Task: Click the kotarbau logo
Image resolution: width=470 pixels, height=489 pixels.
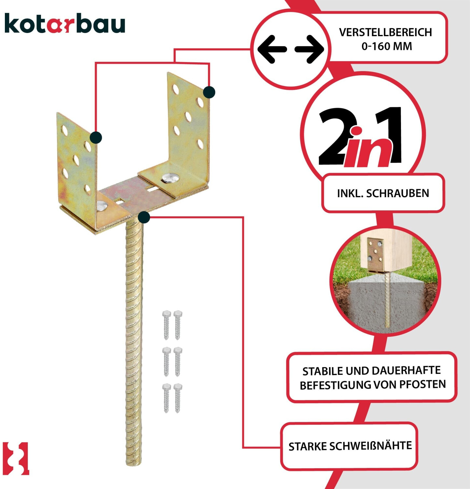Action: click(x=65, y=23)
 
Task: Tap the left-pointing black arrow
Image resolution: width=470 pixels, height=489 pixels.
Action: click(x=272, y=49)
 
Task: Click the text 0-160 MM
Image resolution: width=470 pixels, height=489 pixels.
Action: click(x=387, y=46)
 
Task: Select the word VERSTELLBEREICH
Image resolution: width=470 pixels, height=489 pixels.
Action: click(x=386, y=32)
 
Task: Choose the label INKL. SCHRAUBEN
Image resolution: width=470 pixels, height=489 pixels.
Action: click(x=383, y=193)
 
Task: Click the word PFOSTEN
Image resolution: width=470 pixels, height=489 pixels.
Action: click(x=422, y=384)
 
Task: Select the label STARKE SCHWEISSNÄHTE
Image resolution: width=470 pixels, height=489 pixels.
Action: click(x=350, y=446)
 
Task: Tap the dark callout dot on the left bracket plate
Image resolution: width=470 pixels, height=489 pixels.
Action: click(x=96, y=138)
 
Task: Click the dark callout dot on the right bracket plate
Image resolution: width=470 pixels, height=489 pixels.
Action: click(x=209, y=92)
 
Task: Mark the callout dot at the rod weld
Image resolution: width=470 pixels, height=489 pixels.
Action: click(x=144, y=217)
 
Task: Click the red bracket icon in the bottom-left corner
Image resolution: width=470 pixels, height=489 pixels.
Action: click(x=16, y=458)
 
